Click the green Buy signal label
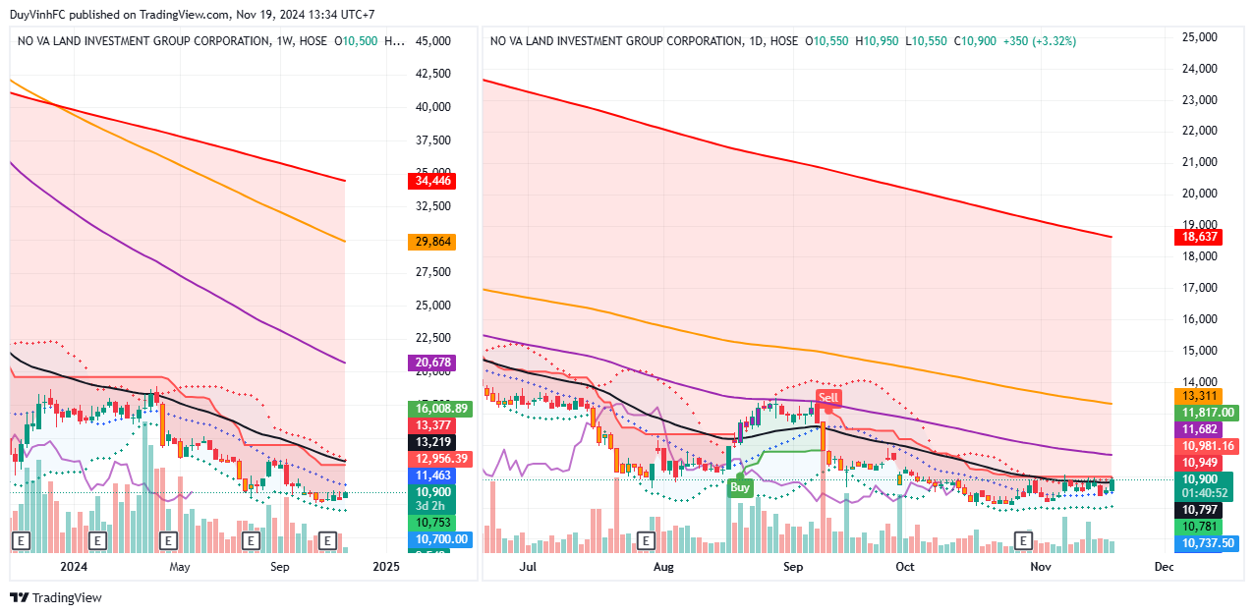click(740, 487)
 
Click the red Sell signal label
click(828, 398)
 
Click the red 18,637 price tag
click(1199, 237)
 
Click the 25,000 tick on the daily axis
click(1199, 37)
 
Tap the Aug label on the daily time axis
click(663, 567)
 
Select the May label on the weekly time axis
click(179, 567)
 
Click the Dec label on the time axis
click(1164, 567)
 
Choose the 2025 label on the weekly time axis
click(386, 567)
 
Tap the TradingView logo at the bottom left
click(56, 597)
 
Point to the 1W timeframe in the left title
click(285, 41)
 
